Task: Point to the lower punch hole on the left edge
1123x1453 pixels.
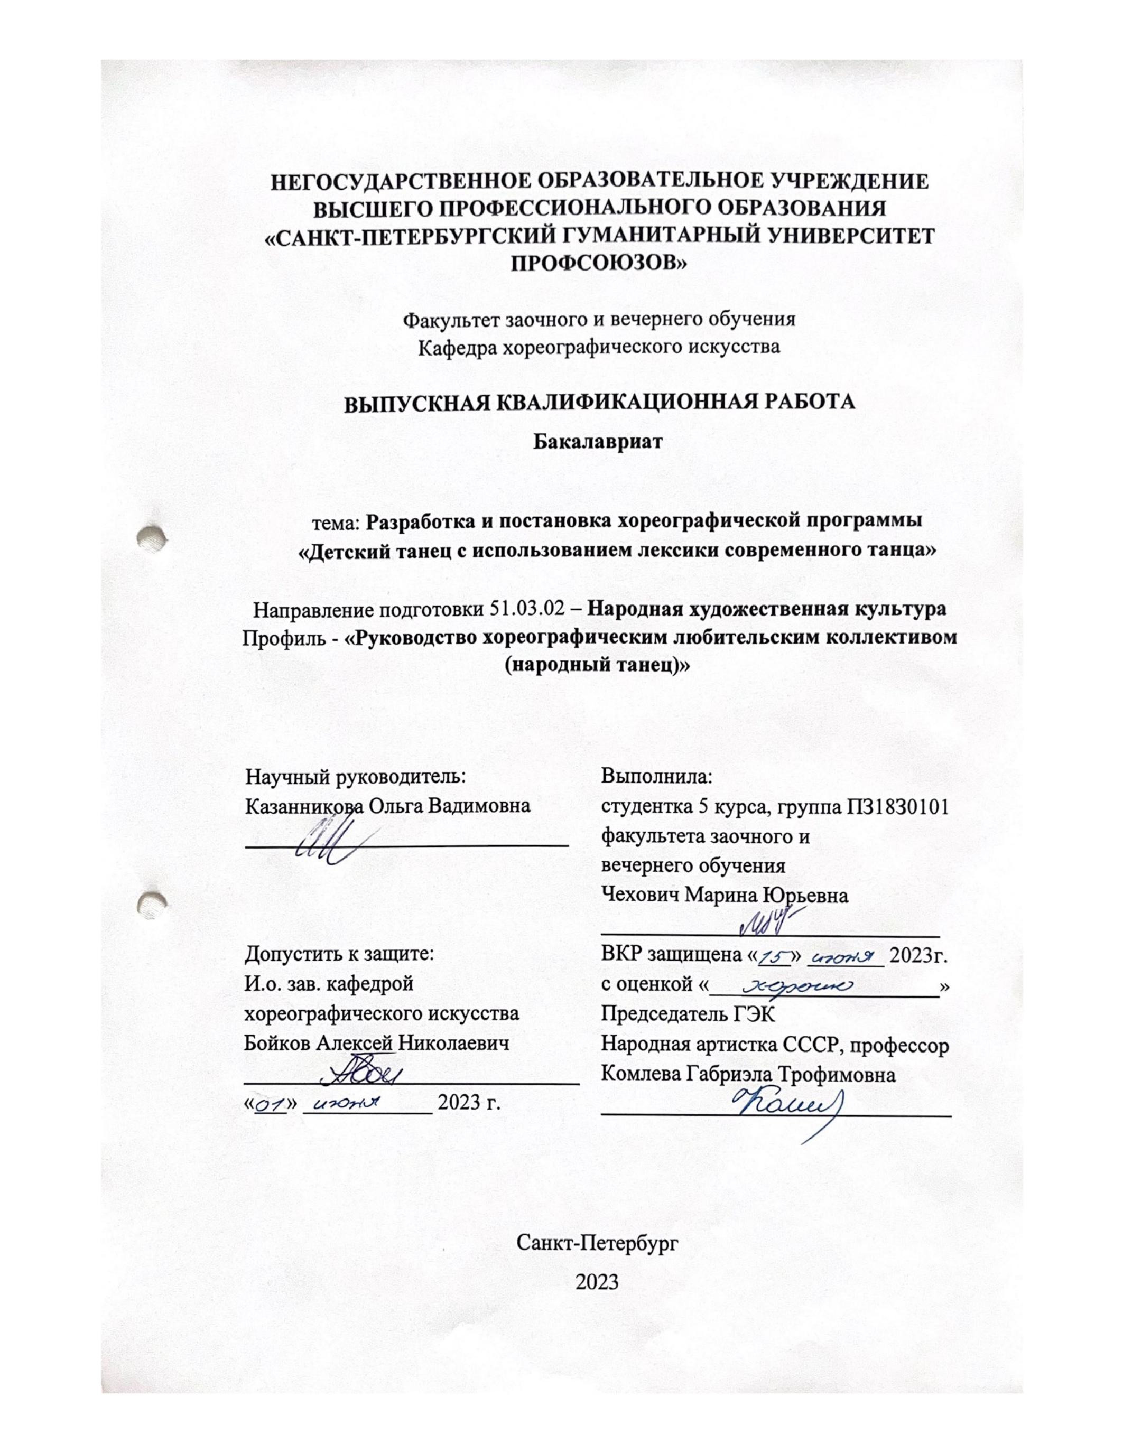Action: click(x=151, y=903)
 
